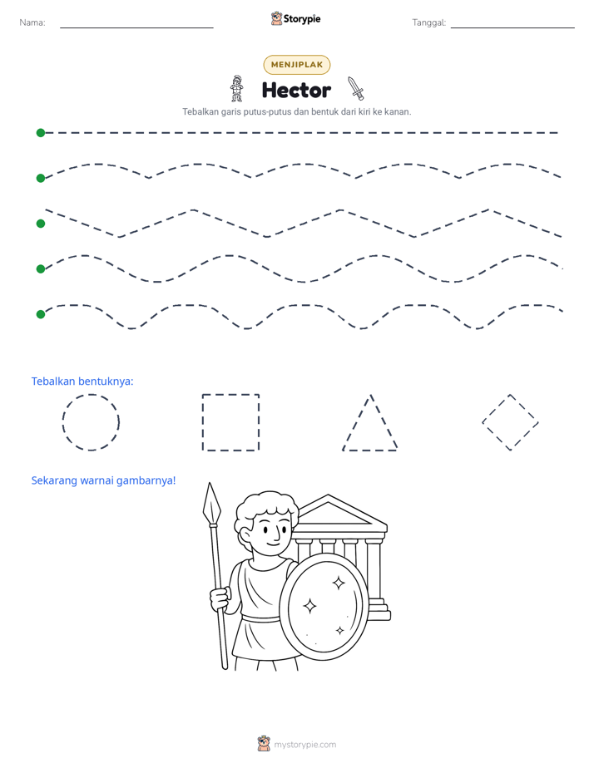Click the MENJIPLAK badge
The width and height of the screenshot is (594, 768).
[296, 65]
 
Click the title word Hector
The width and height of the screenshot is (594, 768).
[296, 90]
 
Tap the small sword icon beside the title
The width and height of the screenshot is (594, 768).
[356, 89]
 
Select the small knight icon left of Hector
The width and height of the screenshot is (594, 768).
[237, 89]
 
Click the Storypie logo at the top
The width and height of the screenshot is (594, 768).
[295, 18]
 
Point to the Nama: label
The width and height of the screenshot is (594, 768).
[32, 22]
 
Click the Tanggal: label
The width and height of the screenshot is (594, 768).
[428, 22]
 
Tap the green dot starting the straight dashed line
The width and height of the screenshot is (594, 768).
[41, 133]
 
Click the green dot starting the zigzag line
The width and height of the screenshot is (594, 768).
[41, 224]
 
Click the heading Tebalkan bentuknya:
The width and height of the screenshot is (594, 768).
[82, 381]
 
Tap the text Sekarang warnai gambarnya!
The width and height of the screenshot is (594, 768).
[103, 480]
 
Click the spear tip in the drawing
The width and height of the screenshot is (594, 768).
[211, 503]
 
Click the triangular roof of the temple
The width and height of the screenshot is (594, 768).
[338, 512]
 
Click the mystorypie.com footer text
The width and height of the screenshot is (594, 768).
[304, 745]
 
